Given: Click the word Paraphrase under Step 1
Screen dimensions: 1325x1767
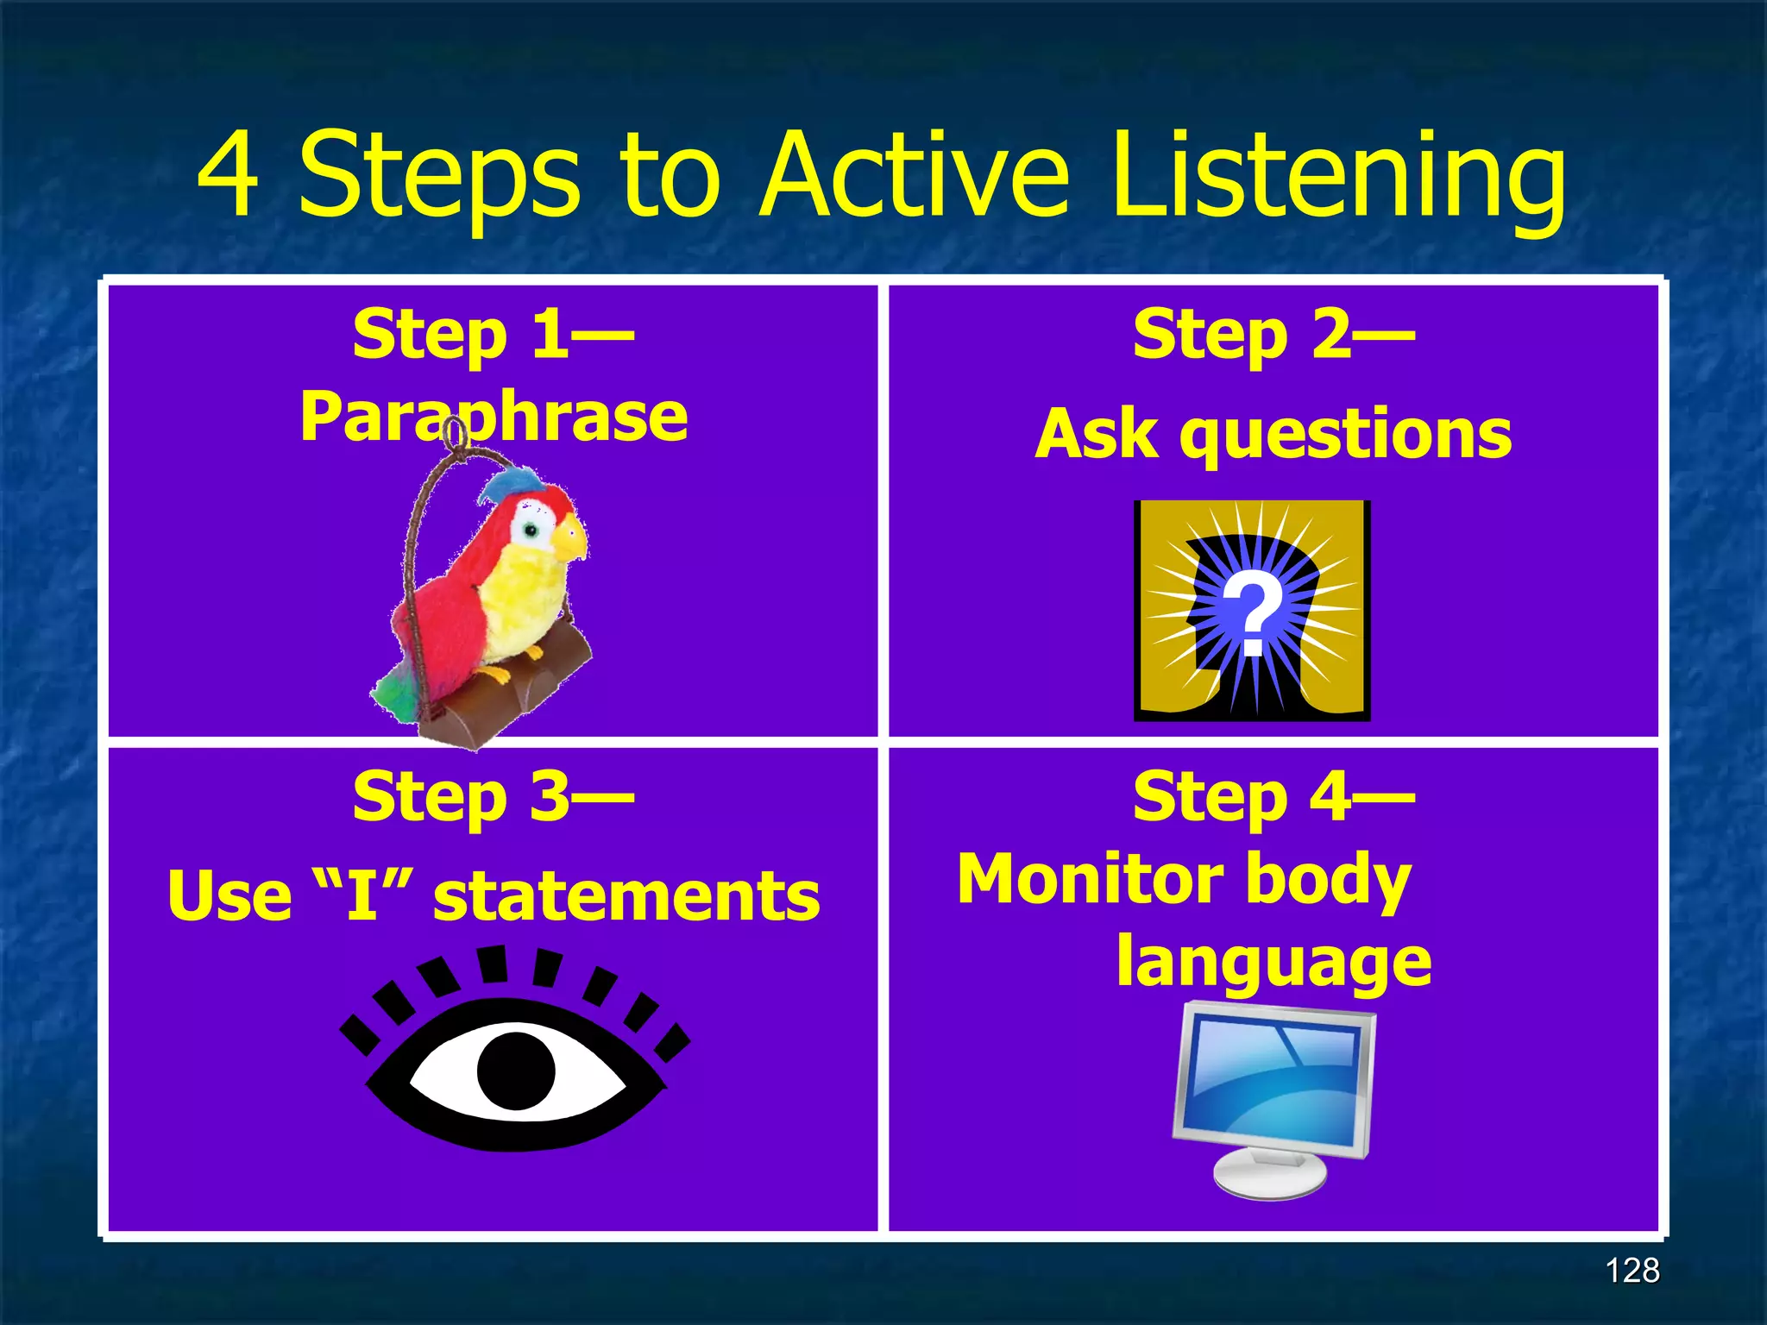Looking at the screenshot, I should pos(494,417).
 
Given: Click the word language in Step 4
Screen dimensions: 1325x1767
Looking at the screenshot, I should pos(1273,962).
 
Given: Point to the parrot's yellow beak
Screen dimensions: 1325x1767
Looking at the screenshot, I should pos(569,539).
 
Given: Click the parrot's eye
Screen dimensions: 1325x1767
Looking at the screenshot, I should pos(531,530).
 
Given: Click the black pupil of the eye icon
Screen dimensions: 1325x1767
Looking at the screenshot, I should pos(516,1070).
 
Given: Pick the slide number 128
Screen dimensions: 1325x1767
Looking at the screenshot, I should pos(1632,1271).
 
